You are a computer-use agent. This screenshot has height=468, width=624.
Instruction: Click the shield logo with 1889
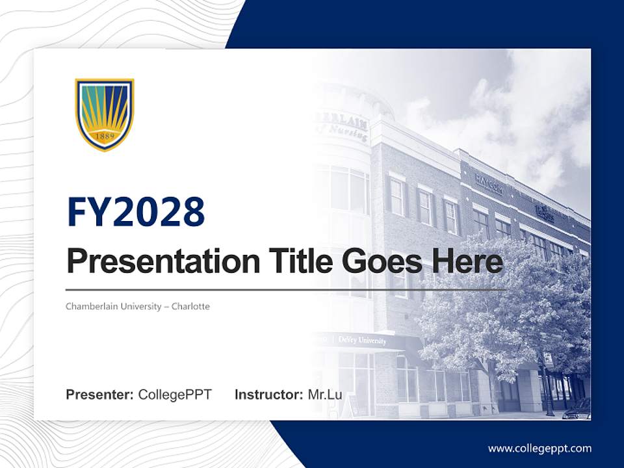105,114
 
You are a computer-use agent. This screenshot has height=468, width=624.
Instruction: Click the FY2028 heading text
136,212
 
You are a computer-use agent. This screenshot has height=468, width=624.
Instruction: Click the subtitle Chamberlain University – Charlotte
138,306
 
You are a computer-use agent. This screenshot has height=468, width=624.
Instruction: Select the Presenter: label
99,395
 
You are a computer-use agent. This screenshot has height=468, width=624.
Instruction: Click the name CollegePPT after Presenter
175,395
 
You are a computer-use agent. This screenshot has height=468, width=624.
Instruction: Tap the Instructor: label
268,395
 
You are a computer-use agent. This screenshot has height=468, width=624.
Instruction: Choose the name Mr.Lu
324,395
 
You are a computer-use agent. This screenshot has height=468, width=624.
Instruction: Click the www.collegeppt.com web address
539,448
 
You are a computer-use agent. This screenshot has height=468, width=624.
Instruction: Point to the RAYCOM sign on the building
489,184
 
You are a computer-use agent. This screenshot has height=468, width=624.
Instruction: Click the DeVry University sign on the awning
362,340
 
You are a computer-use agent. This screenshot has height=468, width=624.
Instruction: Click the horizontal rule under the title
286,289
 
